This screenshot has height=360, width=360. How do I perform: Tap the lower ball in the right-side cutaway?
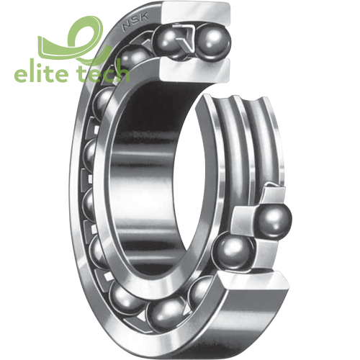point(234,251)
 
